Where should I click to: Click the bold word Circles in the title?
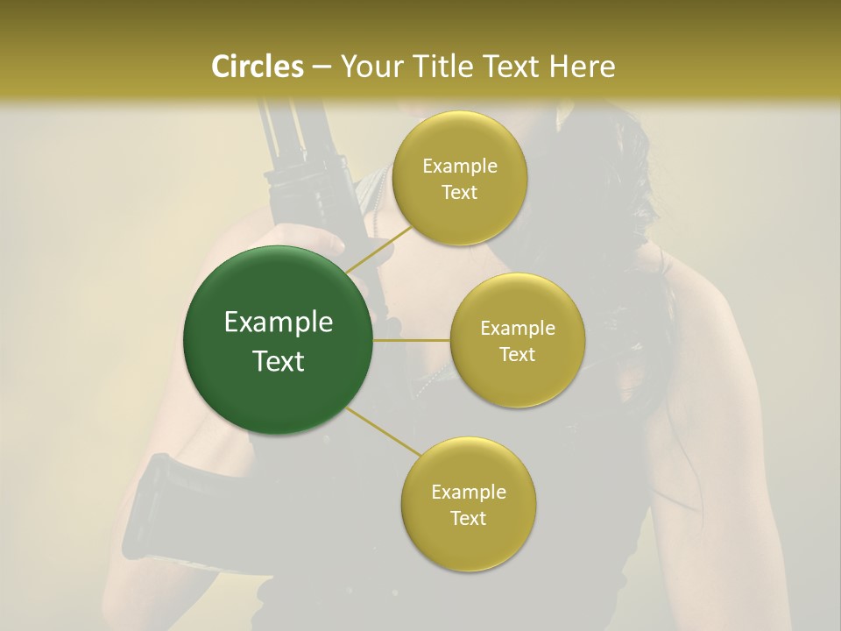pos(258,66)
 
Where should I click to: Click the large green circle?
pos(278,340)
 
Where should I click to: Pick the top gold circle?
pos(459,179)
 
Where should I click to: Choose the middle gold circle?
pos(518,340)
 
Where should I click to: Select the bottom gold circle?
pos(468,504)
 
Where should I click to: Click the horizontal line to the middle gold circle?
pos(411,340)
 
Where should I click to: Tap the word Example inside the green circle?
pos(279,323)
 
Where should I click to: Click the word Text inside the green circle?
pos(279,361)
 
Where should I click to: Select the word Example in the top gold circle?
pos(460,167)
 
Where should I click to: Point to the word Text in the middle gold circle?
pos(518,354)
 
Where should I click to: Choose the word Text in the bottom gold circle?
pos(469,518)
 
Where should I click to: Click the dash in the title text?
pos(321,67)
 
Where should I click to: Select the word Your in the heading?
pos(367,66)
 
